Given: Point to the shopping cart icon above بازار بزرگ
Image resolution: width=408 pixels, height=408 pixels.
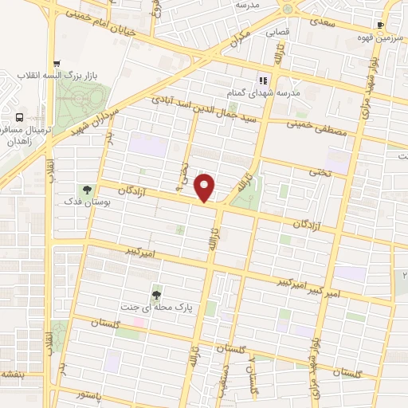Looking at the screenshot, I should (x=56, y=65).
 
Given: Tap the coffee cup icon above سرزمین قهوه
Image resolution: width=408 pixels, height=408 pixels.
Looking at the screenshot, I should (x=381, y=25).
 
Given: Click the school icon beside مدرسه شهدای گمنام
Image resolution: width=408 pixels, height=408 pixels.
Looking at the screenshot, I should (x=262, y=80).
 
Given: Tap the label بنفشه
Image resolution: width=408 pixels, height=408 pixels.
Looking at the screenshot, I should (x=11, y=374).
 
